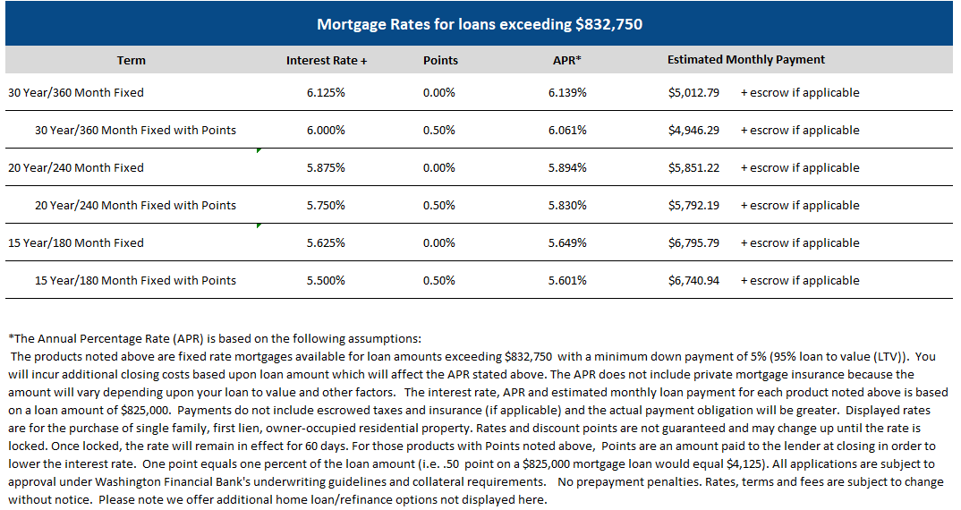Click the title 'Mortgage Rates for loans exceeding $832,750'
(480, 24)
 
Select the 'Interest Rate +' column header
(327, 61)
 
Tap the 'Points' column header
(440, 61)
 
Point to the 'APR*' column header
(567, 61)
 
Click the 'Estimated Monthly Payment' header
(746, 60)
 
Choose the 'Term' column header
(132, 61)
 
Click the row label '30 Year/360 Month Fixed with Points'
(135, 131)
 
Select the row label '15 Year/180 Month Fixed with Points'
(135, 281)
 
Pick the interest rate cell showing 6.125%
(327, 93)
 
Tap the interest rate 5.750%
(327, 206)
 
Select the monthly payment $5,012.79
(693, 93)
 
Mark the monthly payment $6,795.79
(693, 243)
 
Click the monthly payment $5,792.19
(693, 206)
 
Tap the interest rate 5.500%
(327, 281)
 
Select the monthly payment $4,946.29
(693, 131)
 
